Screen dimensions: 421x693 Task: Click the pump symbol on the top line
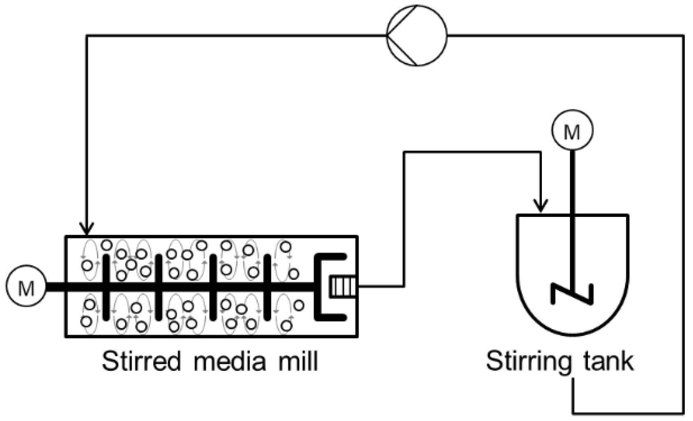coord(416,35)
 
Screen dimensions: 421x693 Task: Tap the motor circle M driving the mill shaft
coord(26,286)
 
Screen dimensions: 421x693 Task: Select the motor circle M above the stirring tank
coord(572,130)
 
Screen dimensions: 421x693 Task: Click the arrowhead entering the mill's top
coord(87,228)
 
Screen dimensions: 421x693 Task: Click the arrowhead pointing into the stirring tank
coord(540,206)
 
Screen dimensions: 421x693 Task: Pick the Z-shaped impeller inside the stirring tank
coord(572,293)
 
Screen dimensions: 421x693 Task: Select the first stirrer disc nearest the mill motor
coord(106,286)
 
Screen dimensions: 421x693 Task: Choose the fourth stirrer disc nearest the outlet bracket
coord(267,286)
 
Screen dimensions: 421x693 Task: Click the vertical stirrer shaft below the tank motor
coord(572,185)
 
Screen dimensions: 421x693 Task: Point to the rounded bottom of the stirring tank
coord(572,329)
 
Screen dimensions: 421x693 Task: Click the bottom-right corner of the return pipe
coord(683,413)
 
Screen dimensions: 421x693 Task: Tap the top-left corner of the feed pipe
coord(87,36)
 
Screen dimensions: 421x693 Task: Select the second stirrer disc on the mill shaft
coord(159,286)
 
